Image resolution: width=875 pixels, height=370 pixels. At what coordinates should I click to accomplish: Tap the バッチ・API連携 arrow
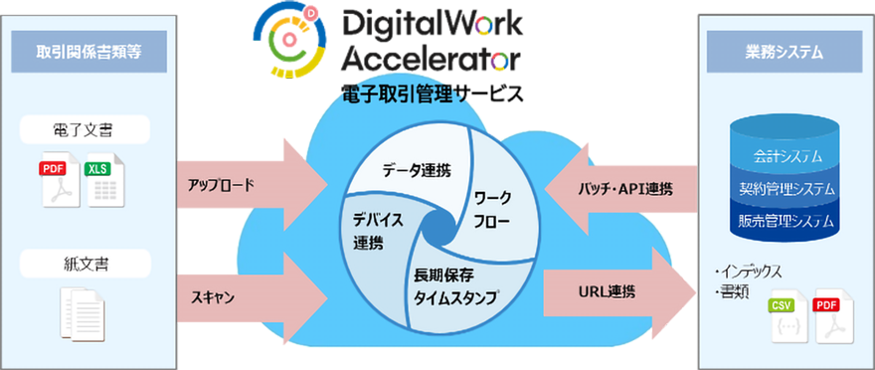pos(621,189)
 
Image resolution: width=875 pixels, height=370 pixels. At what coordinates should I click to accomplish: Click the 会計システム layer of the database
pos(780,155)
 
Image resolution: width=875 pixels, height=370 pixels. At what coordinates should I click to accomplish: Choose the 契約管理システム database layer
pos(780,188)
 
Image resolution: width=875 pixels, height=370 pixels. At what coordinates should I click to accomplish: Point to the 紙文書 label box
pos(87,264)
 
